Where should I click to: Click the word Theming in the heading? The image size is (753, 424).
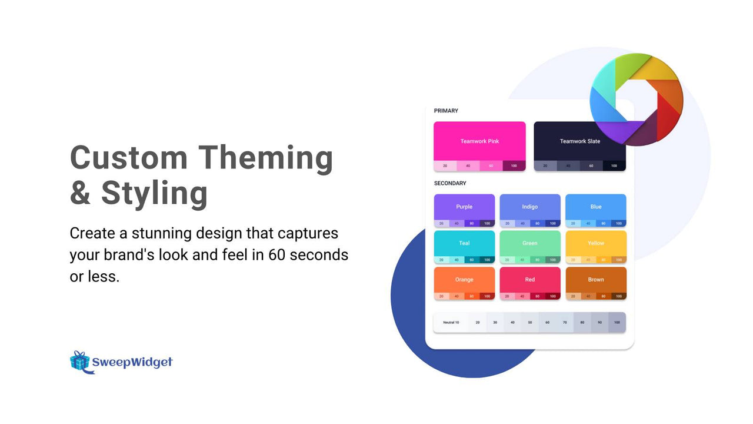pyautogui.click(x=265, y=158)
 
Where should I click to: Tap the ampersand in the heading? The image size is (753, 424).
pyautogui.click(x=80, y=193)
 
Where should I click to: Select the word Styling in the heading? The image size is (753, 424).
pyautogui.click(x=155, y=193)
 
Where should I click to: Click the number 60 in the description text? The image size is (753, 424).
pyautogui.click(x=278, y=255)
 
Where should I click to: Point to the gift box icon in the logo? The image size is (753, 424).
pyautogui.click(x=79, y=361)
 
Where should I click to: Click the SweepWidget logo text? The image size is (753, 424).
pyautogui.click(x=132, y=362)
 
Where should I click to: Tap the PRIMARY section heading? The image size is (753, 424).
pyautogui.click(x=446, y=111)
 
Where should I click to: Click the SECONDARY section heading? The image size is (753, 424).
pyautogui.click(x=450, y=183)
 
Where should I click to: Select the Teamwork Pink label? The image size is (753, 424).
pyautogui.click(x=479, y=141)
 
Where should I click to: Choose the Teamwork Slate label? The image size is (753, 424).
pyautogui.click(x=579, y=141)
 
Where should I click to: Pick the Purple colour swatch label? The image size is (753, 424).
pyautogui.click(x=464, y=207)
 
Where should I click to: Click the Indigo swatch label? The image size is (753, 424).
pyautogui.click(x=530, y=207)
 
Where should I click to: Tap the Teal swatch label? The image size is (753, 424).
pyautogui.click(x=464, y=243)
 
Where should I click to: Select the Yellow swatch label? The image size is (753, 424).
pyautogui.click(x=596, y=243)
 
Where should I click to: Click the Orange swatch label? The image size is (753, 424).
pyautogui.click(x=464, y=280)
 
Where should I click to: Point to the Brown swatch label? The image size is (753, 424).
pyautogui.click(x=596, y=280)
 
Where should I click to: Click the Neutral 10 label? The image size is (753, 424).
pyautogui.click(x=451, y=323)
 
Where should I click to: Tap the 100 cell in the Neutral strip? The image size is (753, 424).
pyautogui.click(x=617, y=323)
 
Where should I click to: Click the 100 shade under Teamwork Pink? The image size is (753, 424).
pyautogui.click(x=514, y=166)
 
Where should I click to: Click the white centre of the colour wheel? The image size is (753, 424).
pyautogui.click(x=636, y=99)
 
